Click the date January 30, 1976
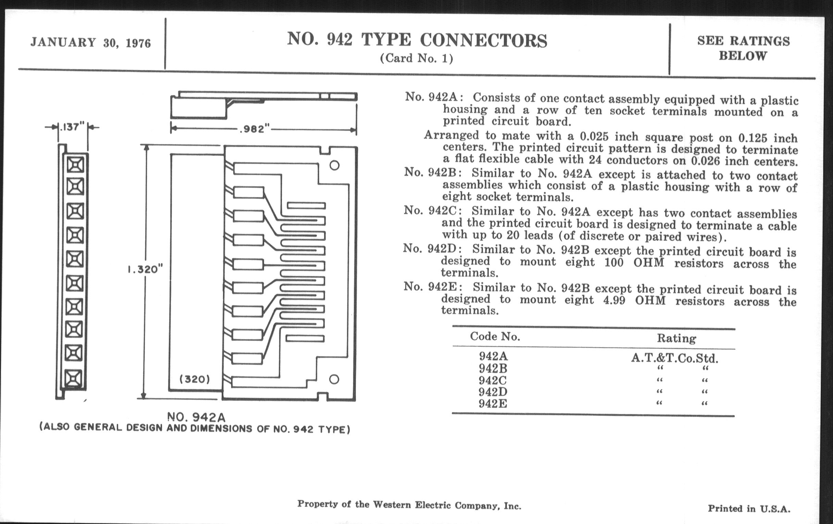click(x=91, y=42)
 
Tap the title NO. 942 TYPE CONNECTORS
click(x=417, y=40)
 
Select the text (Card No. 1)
click(x=416, y=58)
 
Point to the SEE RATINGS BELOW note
click(x=743, y=48)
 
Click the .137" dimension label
click(x=72, y=127)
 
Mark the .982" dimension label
click(x=254, y=129)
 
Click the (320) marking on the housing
click(x=195, y=379)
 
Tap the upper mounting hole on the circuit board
click(x=334, y=165)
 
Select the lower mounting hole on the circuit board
click(x=334, y=379)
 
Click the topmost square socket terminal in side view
click(x=75, y=165)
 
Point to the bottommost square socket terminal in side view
click(x=73, y=378)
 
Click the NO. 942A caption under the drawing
click(x=196, y=417)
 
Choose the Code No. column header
click(x=495, y=337)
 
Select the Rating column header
click(x=676, y=338)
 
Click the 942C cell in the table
click(x=492, y=380)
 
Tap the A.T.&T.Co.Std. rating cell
click(x=674, y=358)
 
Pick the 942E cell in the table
click(x=493, y=404)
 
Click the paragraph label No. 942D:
click(x=432, y=248)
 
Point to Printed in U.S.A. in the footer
click(x=749, y=509)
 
